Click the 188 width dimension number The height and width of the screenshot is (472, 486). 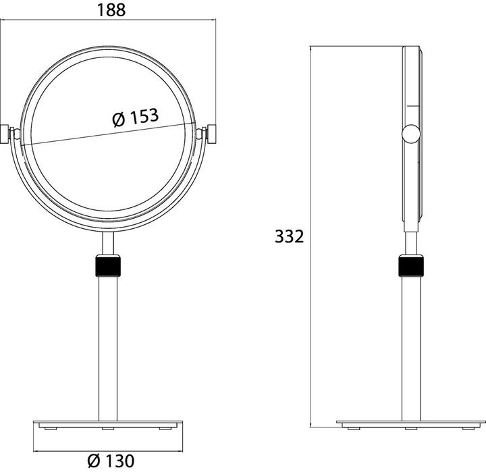[109, 9]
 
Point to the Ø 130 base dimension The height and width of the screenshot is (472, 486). [111, 461]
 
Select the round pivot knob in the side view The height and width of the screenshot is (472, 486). [410, 134]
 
